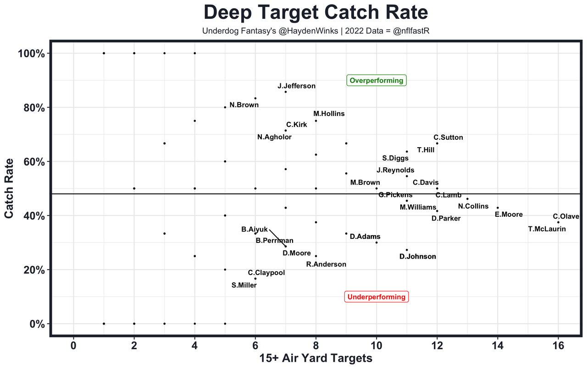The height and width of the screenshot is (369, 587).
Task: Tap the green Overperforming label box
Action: (376, 81)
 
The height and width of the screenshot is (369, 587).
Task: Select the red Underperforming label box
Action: (377, 297)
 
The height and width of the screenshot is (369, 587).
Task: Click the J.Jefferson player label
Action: (296, 86)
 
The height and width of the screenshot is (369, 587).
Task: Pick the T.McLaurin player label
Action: (547, 229)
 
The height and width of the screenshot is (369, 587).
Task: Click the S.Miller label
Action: (244, 285)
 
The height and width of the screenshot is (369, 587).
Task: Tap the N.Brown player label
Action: (244, 105)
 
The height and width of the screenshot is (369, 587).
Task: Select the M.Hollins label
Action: (329, 114)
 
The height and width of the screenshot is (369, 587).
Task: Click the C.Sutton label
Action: (448, 138)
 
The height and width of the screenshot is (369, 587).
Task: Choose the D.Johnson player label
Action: (417, 256)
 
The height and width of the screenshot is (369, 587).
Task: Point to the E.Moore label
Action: (509, 214)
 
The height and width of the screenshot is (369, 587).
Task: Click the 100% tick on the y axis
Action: (31, 54)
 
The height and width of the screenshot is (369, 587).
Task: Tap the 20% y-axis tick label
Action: (33, 270)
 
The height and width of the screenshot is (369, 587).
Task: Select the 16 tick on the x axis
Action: (558, 345)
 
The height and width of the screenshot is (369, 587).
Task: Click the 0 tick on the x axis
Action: (73, 345)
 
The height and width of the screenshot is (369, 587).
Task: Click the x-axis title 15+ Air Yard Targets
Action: (316, 358)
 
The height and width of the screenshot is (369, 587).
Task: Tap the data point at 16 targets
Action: (558, 222)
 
